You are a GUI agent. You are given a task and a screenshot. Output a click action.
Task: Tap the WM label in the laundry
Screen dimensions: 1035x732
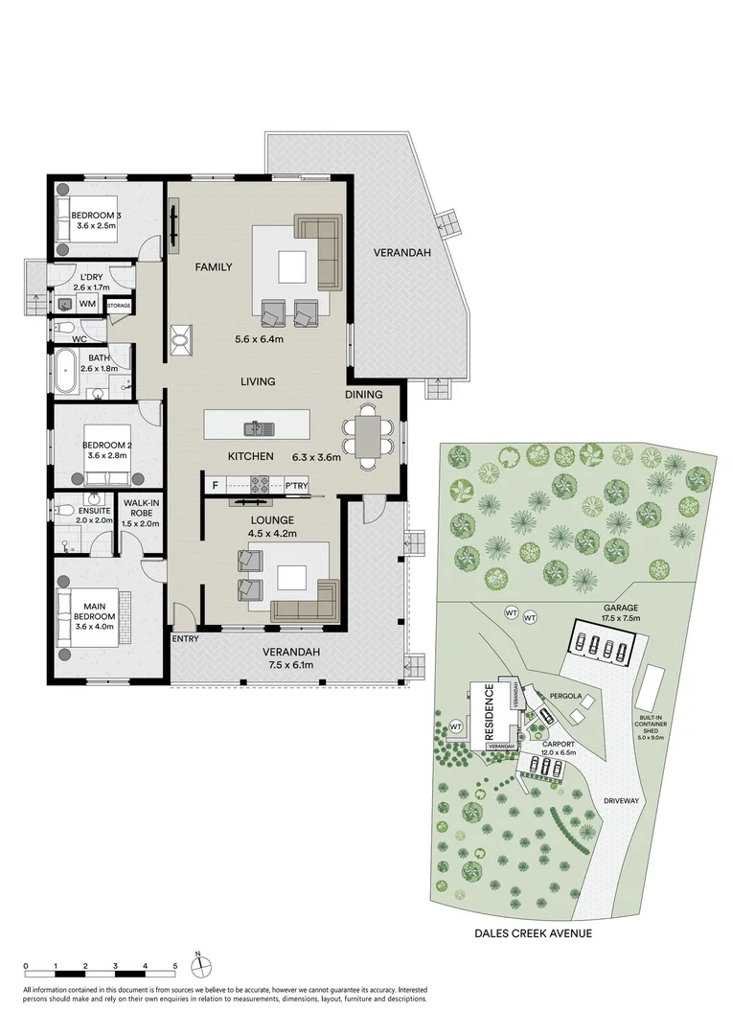(87, 304)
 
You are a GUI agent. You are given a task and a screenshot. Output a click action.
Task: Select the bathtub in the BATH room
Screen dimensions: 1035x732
(66, 372)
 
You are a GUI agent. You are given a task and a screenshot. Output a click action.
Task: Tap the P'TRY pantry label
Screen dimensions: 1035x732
(297, 486)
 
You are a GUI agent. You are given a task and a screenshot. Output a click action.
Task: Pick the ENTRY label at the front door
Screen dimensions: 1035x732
(184, 637)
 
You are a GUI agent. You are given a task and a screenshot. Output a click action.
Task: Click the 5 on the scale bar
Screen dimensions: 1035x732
(175, 966)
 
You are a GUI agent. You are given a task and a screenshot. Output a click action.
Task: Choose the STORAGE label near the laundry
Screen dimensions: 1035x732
(119, 306)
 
